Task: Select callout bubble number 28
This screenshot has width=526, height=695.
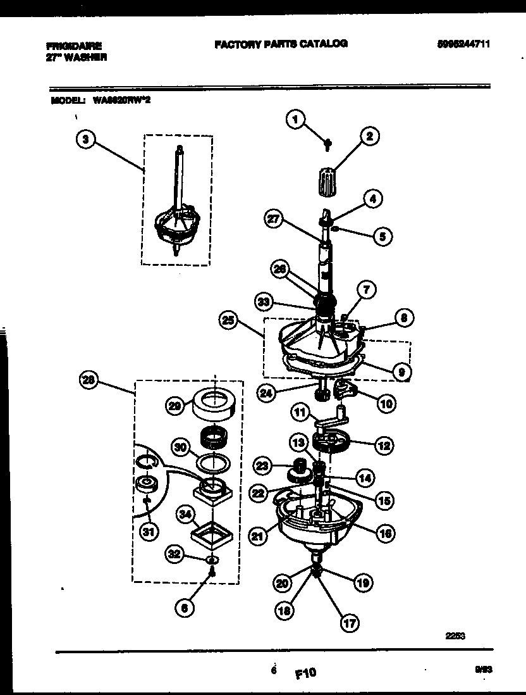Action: tap(90, 380)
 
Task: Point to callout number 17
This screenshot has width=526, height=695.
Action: tap(348, 622)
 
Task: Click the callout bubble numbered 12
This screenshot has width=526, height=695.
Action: tap(382, 445)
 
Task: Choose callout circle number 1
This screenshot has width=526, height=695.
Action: tap(295, 118)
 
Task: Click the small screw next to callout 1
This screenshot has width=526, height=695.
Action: tap(327, 145)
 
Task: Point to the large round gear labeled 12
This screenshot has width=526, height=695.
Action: tap(334, 441)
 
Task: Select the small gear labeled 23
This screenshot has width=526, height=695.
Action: tap(297, 470)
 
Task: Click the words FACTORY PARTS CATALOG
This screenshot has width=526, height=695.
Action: tap(281, 44)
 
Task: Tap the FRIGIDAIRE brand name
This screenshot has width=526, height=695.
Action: tap(74, 46)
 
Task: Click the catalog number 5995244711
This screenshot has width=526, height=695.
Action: tap(463, 44)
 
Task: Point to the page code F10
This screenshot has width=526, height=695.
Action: tap(305, 673)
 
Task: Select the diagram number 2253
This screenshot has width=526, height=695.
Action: tap(455, 637)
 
